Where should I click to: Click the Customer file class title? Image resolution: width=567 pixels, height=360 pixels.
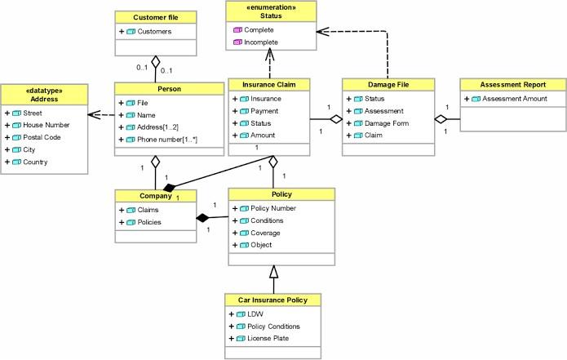click(x=155, y=17)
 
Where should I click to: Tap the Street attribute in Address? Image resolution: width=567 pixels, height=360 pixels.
click(x=35, y=113)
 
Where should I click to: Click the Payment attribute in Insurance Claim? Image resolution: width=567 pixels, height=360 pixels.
click(x=266, y=110)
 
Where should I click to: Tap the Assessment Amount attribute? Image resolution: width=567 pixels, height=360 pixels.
click(x=515, y=98)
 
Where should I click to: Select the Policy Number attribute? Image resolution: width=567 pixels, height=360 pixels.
click(x=272, y=208)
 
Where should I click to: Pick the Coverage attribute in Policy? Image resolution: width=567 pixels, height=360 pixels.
click(x=267, y=233)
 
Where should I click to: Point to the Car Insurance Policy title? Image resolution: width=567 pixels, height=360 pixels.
click(x=273, y=300)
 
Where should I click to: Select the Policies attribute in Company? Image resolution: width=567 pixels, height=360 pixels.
click(x=149, y=221)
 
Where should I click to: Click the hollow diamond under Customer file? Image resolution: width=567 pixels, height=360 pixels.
click(x=155, y=61)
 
